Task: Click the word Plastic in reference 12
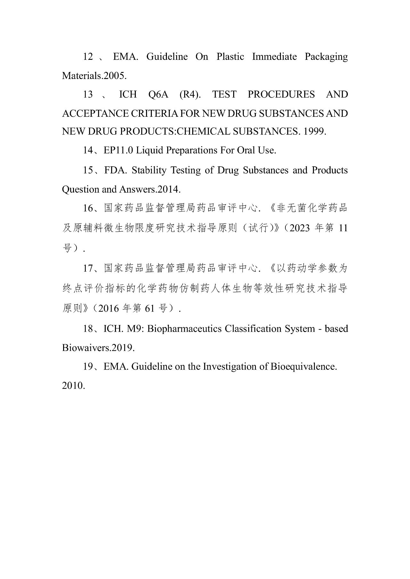[230, 57]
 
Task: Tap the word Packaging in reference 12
[326, 57]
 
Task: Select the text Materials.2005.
[94, 76]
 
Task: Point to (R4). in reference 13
[190, 94]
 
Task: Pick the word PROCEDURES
[281, 94]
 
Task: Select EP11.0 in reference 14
[118, 150]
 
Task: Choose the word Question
[80, 189]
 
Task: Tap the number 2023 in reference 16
[299, 228]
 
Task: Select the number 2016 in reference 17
[109, 308]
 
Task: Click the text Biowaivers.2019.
[98, 348]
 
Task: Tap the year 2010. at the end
[73, 386]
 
